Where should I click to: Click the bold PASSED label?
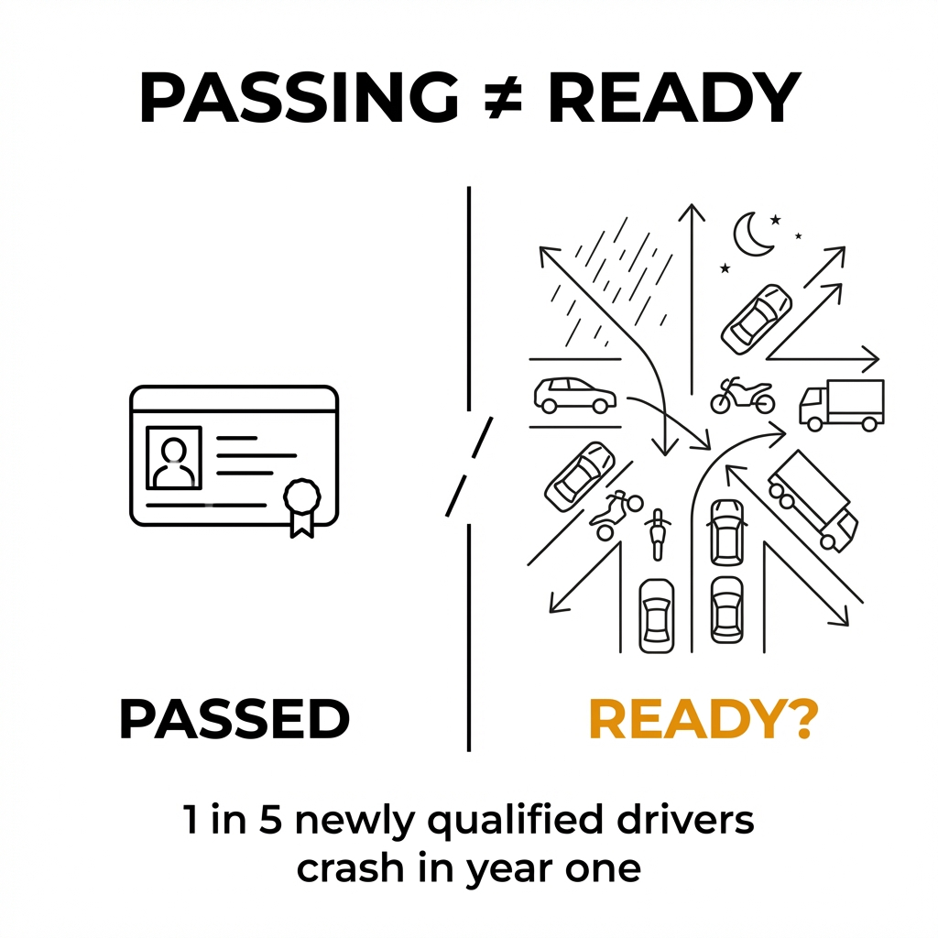pyautogui.click(x=234, y=719)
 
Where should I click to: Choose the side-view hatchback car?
pyautogui.click(x=573, y=396)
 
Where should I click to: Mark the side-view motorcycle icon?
pyautogui.click(x=742, y=396)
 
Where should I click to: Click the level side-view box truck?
pyautogui.click(x=842, y=404)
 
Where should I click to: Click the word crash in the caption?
pyautogui.click(x=347, y=867)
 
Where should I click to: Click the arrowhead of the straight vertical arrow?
pyautogui.click(x=692, y=213)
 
